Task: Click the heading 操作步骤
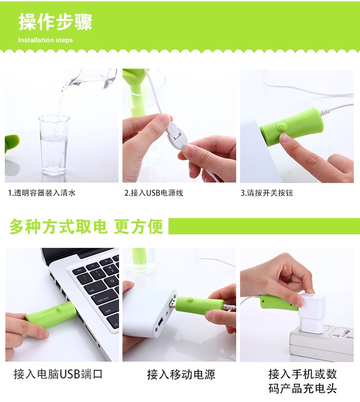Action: click(55, 22)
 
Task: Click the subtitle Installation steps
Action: click(46, 40)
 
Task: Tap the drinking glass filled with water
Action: click(53, 144)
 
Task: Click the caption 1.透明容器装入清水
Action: click(42, 193)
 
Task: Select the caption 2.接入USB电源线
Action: click(154, 193)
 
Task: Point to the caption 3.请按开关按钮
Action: click(266, 193)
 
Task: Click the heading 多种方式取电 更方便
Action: click(86, 226)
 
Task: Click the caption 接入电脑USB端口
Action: click(58, 374)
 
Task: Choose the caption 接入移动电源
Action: click(181, 374)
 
